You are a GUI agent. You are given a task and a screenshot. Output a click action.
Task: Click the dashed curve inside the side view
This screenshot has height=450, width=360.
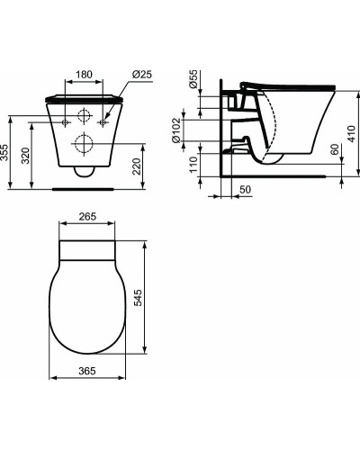(x=268, y=126)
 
